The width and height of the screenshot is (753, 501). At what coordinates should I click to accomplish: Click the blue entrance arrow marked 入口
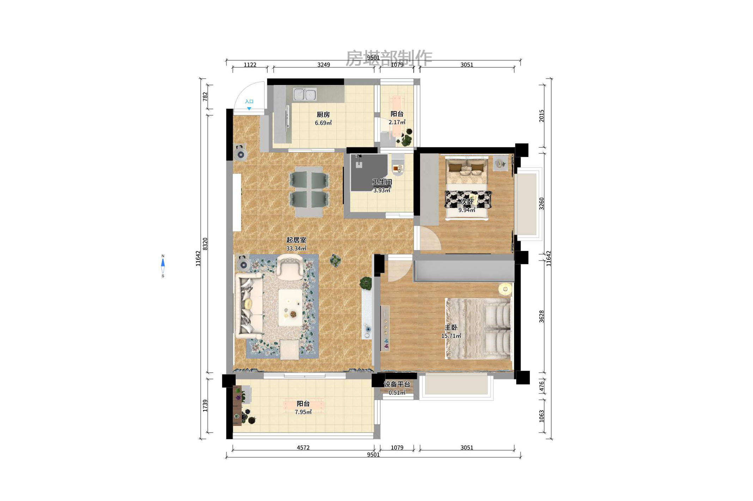pyautogui.click(x=249, y=108)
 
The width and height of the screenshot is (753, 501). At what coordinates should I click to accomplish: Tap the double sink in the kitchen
pyautogui.click(x=305, y=94)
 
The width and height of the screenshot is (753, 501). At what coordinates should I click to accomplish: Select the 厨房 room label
pyautogui.click(x=323, y=115)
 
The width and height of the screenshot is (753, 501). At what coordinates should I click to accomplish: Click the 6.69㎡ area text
pyautogui.click(x=323, y=123)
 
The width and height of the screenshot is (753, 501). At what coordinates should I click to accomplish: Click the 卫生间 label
pyautogui.click(x=382, y=182)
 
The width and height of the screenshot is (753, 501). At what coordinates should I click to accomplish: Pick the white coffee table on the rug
pyautogui.click(x=290, y=307)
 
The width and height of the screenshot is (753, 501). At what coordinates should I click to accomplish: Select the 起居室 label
pyautogui.click(x=296, y=240)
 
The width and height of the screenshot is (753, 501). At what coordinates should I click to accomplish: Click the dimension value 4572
pyautogui.click(x=303, y=448)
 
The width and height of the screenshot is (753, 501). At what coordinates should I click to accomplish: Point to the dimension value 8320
pyautogui.click(x=205, y=244)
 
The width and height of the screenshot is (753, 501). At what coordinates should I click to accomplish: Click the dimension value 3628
pyautogui.click(x=542, y=316)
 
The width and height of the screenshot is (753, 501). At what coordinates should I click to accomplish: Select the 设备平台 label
pyautogui.click(x=397, y=384)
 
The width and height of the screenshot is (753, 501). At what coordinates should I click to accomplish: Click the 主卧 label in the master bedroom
pyautogui.click(x=451, y=328)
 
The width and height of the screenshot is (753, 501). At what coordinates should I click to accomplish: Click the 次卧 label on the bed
pyautogui.click(x=467, y=202)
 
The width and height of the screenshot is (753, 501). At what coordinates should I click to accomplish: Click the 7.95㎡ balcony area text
pyautogui.click(x=303, y=412)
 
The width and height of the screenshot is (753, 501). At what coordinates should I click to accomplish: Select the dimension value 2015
pyautogui.click(x=542, y=116)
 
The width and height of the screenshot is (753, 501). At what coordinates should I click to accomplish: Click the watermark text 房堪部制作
pyautogui.click(x=389, y=58)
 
